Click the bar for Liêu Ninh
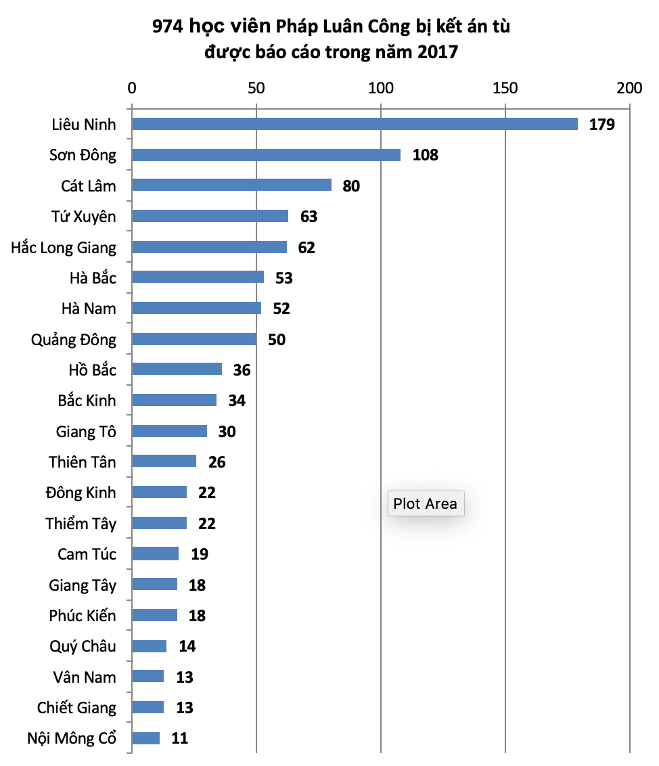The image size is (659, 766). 355,124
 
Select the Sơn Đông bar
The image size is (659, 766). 266,155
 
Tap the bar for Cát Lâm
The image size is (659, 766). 231,185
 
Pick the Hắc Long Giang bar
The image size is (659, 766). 209,247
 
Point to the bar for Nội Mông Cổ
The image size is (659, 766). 145,738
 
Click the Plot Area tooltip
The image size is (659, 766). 426,503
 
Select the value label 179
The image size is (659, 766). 601,125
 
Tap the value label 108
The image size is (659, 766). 426,155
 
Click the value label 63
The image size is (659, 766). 309,217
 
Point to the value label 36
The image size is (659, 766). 242,370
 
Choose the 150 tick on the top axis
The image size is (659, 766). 505,88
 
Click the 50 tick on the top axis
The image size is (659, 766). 256,88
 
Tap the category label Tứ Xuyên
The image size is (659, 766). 83,217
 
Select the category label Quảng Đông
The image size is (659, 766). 74,339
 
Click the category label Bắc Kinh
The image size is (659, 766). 87,401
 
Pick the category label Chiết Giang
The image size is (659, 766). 76,708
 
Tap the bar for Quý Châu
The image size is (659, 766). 149,646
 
